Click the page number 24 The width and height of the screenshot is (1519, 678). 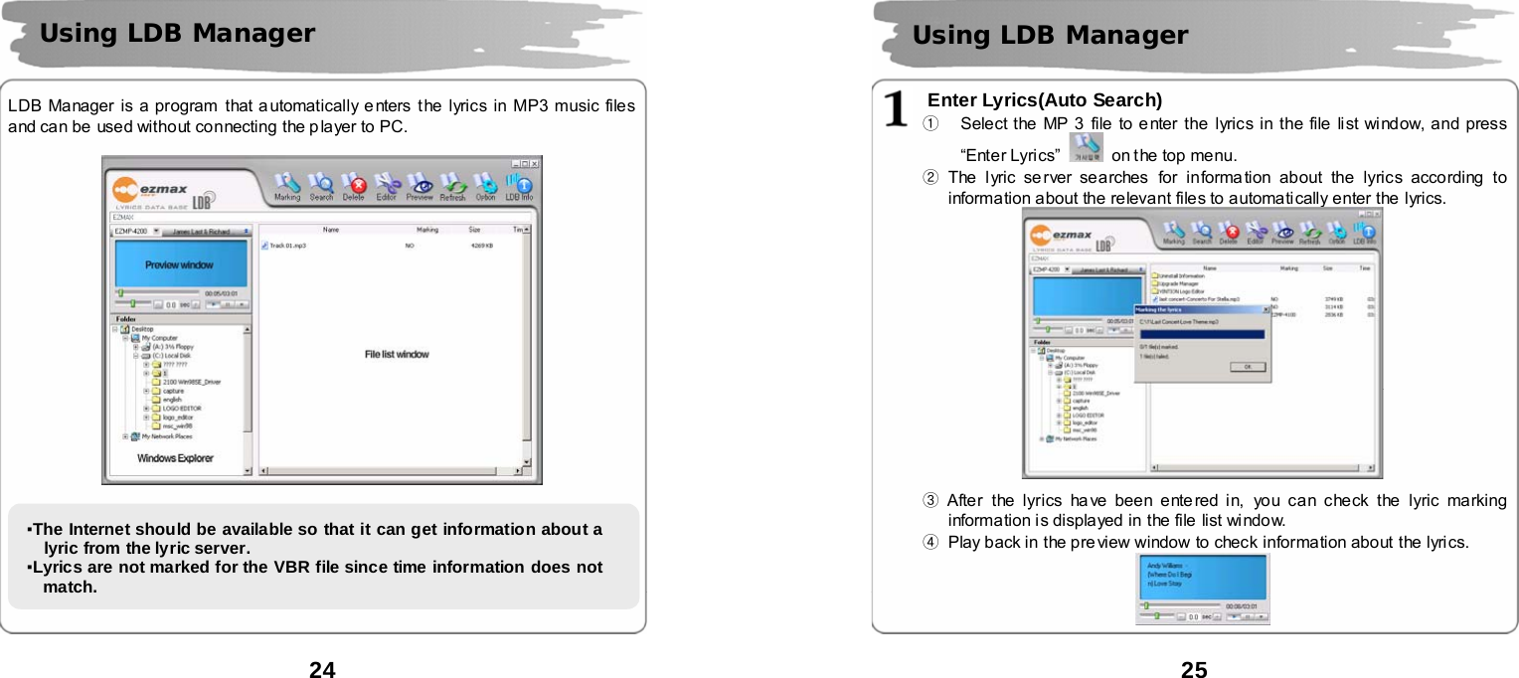pyautogui.click(x=322, y=669)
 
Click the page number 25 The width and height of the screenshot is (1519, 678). pyautogui.click(x=1194, y=669)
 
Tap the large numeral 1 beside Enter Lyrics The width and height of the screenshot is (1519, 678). pyautogui.click(x=899, y=110)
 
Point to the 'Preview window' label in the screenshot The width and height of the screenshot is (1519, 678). pyautogui.click(x=179, y=265)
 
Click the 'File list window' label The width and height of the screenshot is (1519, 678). pyautogui.click(x=397, y=354)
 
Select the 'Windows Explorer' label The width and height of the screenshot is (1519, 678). pyautogui.click(x=175, y=458)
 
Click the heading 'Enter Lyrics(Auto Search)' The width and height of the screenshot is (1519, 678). pyautogui.click(x=1044, y=99)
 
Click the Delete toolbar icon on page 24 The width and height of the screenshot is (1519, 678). pyautogui.click(x=353, y=186)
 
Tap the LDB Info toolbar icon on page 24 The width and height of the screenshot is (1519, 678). pyautogui.click(x=519, y=186)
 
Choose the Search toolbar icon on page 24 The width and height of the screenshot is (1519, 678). pyautogui.click(x=321, y=186)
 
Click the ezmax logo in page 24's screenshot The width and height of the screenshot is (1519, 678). pyautogui.click(x=149, y=189)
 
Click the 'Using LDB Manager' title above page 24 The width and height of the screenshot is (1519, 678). pyautogui.click(x=177, y=34)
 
